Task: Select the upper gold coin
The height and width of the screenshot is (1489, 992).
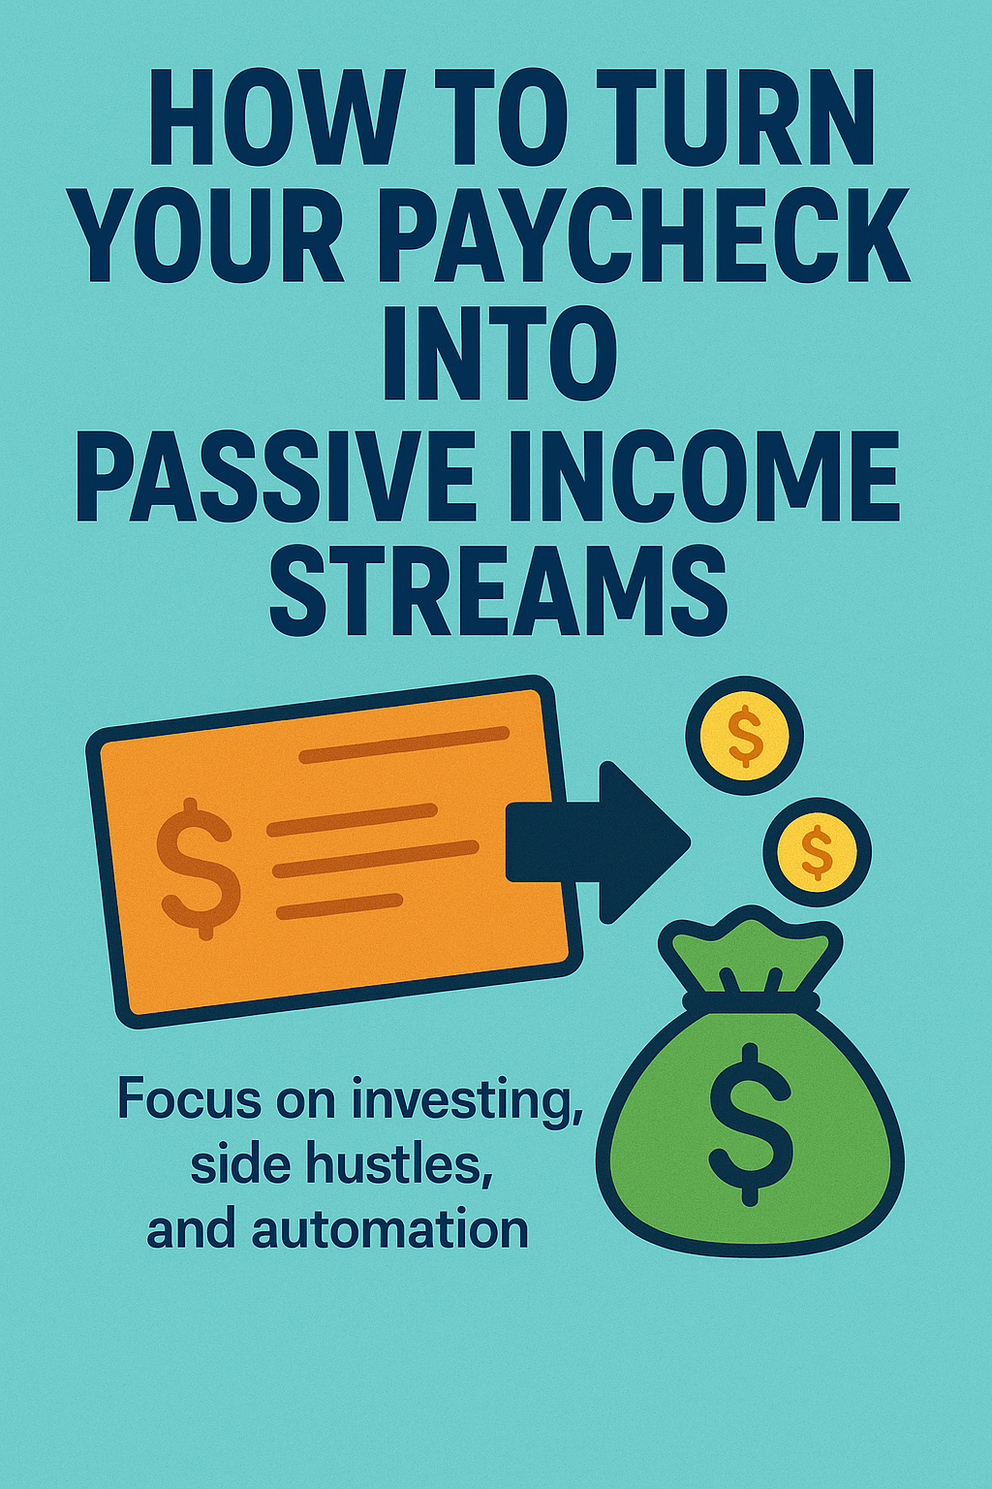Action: pos(745,736)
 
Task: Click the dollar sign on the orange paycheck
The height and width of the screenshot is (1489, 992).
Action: pos(198,869)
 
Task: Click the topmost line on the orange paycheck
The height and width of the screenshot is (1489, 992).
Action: pos(404,744)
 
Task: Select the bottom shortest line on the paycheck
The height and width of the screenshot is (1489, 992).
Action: pos(339,906)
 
